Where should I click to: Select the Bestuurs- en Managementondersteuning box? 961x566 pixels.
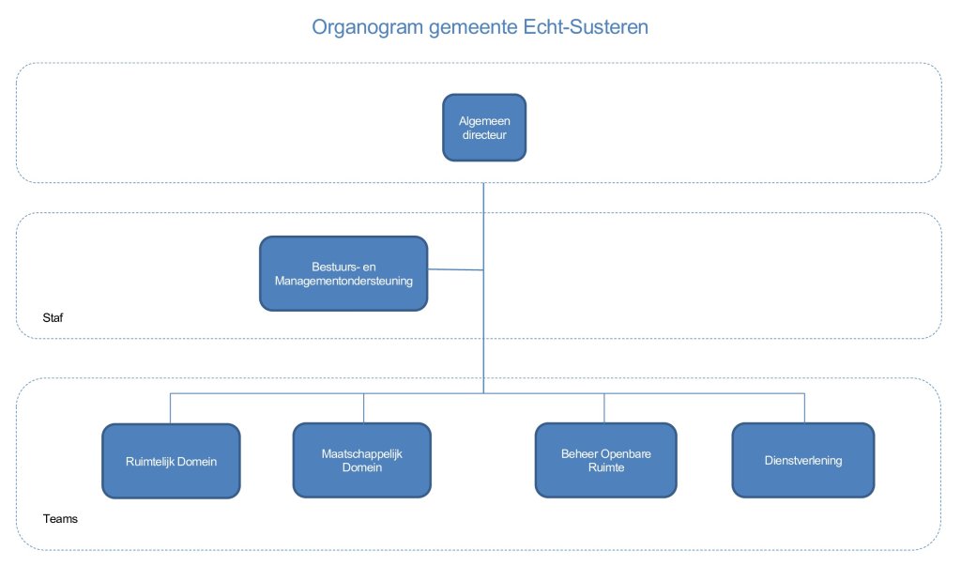click(x=343, y=273)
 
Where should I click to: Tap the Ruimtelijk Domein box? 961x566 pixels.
click(x=171, y=460)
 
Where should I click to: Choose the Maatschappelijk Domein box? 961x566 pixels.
click(x=361, y=460)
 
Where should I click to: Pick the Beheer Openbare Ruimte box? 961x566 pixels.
click(x=604, y=460)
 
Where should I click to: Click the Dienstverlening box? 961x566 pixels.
click(x=802, y=460)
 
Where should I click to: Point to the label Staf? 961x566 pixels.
click(x=53, y=319)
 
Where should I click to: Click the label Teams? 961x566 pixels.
click(x=59, y=518)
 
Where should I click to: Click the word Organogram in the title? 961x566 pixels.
click(x=366, y=27)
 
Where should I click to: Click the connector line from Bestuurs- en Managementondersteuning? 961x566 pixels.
click(x=455, y=270)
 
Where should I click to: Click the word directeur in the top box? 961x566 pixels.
click(x=483, y=134)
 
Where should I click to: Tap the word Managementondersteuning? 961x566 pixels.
click(x=343, y=280)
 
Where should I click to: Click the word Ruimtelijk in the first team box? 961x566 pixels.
click(x=149, y=461)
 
